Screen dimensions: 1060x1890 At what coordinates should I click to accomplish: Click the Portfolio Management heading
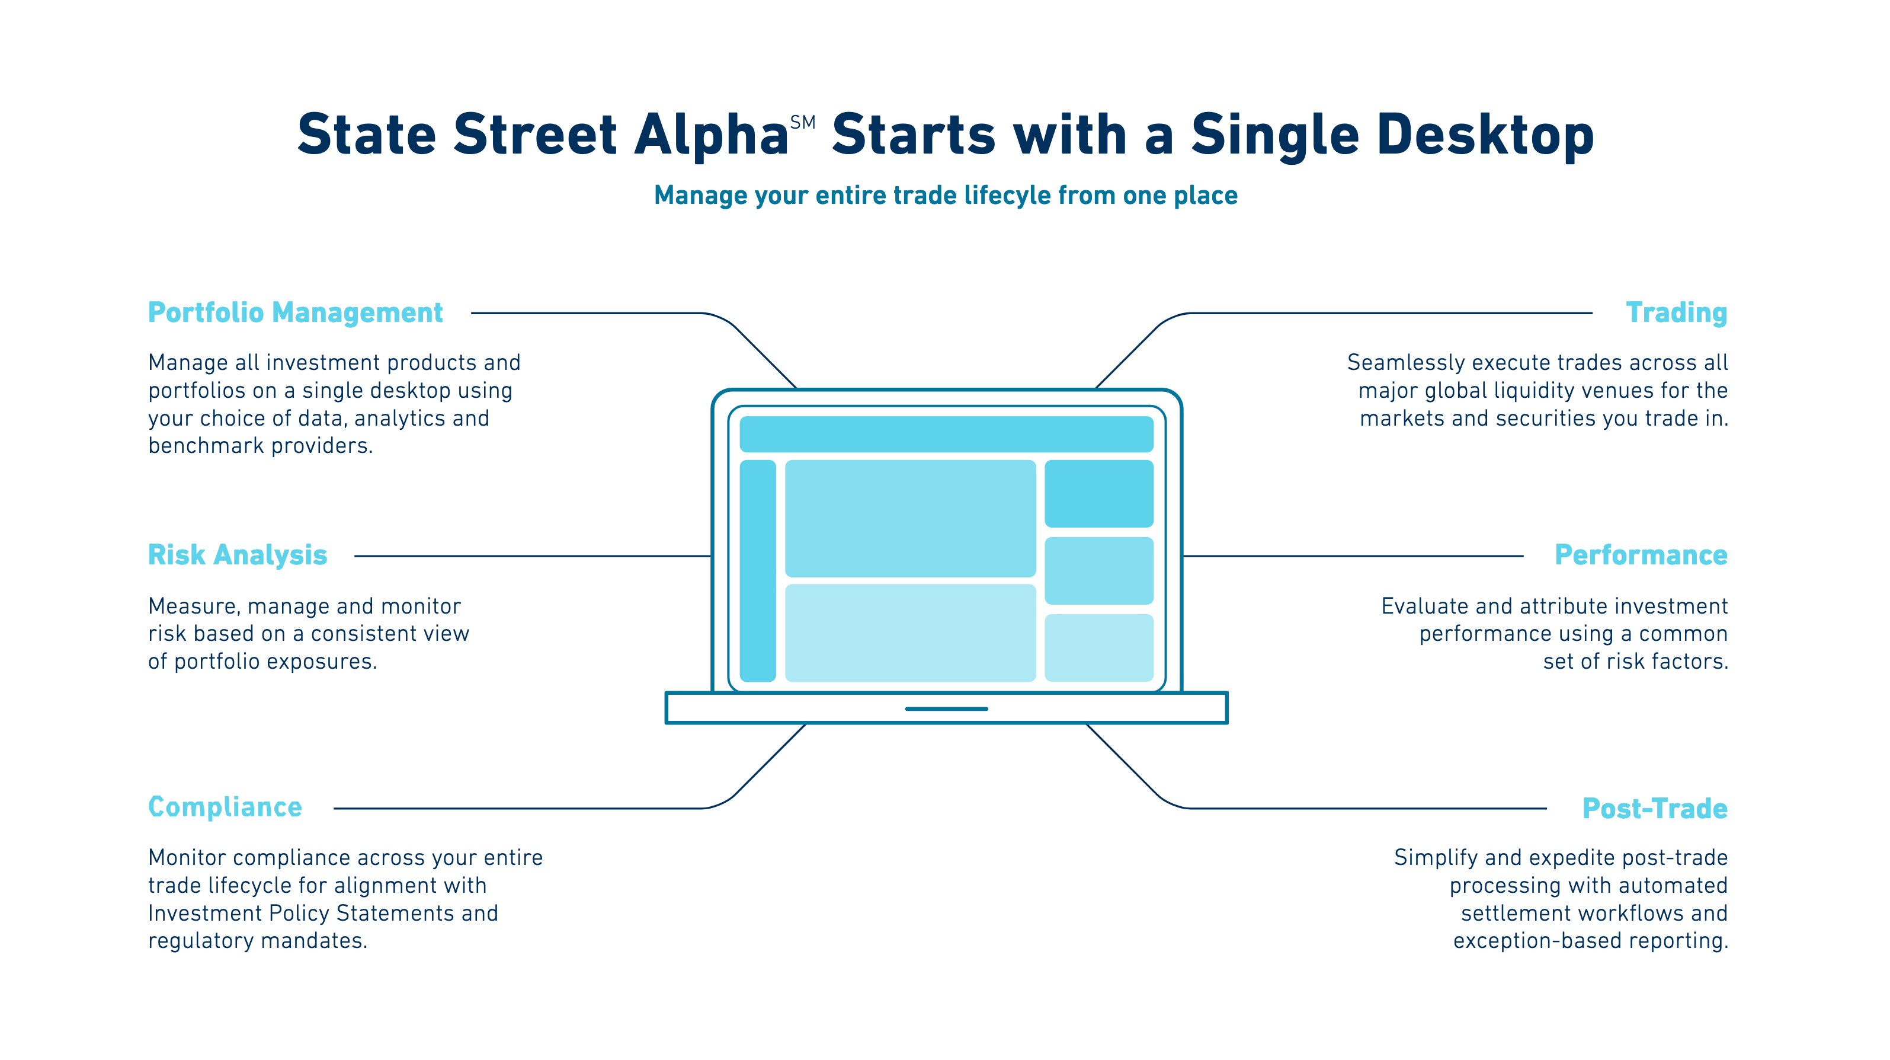click(x=295, y=312)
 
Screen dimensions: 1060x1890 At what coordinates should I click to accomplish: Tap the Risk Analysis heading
click(x=237, y=555)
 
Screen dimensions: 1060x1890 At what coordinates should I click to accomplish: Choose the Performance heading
click(x=1641, y=555)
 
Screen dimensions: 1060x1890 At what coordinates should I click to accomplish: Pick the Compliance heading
click(x=225, y=807)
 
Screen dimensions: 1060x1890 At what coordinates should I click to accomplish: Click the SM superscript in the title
click(x=802, y=123)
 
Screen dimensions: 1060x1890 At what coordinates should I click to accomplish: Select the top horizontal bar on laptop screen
click(x=946, y=434)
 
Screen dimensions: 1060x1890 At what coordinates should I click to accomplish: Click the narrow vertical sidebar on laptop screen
click(x=757, y=570)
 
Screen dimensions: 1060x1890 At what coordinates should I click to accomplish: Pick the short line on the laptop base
click(x=946, y=708)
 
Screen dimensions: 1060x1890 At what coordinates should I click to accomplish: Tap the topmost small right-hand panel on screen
click(x=1098, y=493)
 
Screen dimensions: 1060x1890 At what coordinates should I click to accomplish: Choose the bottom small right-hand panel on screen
click(x=1098, y=647)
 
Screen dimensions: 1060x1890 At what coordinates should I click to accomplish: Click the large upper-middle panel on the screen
click(x=910, y=518)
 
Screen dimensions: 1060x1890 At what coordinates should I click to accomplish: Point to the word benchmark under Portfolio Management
click(x=206, y=446)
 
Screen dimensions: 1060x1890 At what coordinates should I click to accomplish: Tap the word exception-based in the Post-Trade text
click(x=1527, y=941)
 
